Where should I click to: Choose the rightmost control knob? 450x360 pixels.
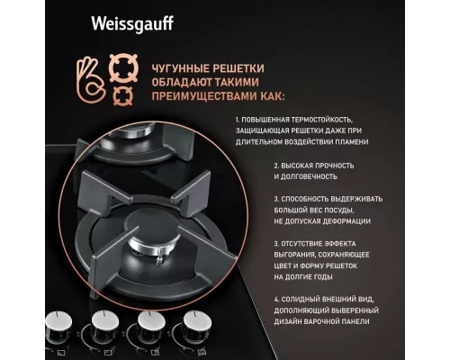click(x=193, y=324)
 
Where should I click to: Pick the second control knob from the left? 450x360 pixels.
click(x=103, y=325)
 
